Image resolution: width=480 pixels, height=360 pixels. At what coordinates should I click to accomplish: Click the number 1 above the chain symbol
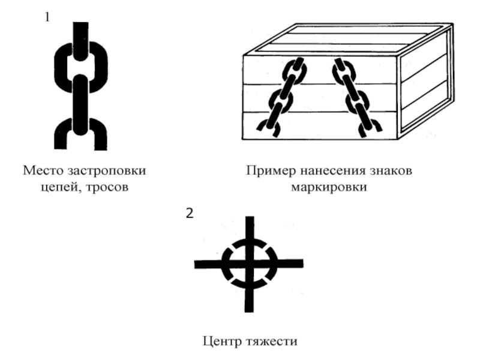pyautogui.click(x=47, y=17)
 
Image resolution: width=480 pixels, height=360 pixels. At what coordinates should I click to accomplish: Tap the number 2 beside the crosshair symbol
pyautogui.click(x=190, y=213)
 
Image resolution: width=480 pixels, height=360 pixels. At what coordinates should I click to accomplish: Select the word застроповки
pyautogui.click(x=107, y=171)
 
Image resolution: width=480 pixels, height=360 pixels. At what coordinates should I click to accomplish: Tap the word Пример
pyautogui.click(x=271, y=171)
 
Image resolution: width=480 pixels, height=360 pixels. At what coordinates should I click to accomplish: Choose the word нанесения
pyautogui.click(x=333, y=171)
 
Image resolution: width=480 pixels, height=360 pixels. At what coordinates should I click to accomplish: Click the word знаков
pyautogui.click(x=391, y=171)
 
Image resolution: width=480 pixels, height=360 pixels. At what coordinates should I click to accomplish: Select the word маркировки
pyautogui.click(x=329, y=187)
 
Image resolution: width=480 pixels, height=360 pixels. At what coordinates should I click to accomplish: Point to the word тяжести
pyautogui.click(x=272, y=341)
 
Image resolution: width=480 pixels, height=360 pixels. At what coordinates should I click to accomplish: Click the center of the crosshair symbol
pyautogui.click(x=249, y=264)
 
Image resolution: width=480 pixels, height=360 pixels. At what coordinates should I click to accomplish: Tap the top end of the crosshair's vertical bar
pyautogui.click(x=250, y=217)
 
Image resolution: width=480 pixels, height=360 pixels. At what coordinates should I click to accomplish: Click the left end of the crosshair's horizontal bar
pyautogui.click(x=195, y=265)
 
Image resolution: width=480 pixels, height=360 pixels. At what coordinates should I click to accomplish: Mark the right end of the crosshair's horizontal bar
pyautogui.click(x=303, y=263)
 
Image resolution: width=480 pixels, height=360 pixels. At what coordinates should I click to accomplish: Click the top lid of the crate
pyautogui.click(x=349, y=39)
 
